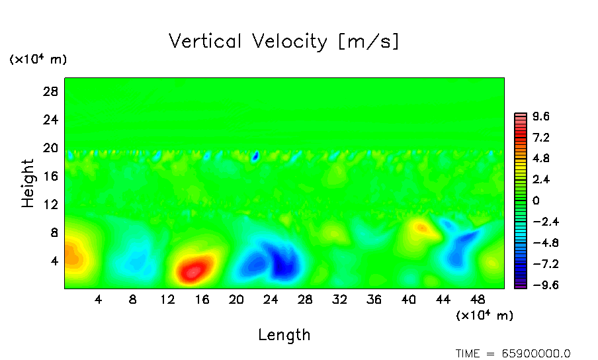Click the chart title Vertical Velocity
pos(284,42)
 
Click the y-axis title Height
pos(28,183)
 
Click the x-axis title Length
pos(284,335)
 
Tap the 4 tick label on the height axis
pos(55,261)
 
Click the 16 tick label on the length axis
pos(202,300)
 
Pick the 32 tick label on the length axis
pos(339,300)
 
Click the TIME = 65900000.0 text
pos(513,353)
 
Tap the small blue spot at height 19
pos(255,157)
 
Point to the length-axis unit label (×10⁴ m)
pos(484,316)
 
